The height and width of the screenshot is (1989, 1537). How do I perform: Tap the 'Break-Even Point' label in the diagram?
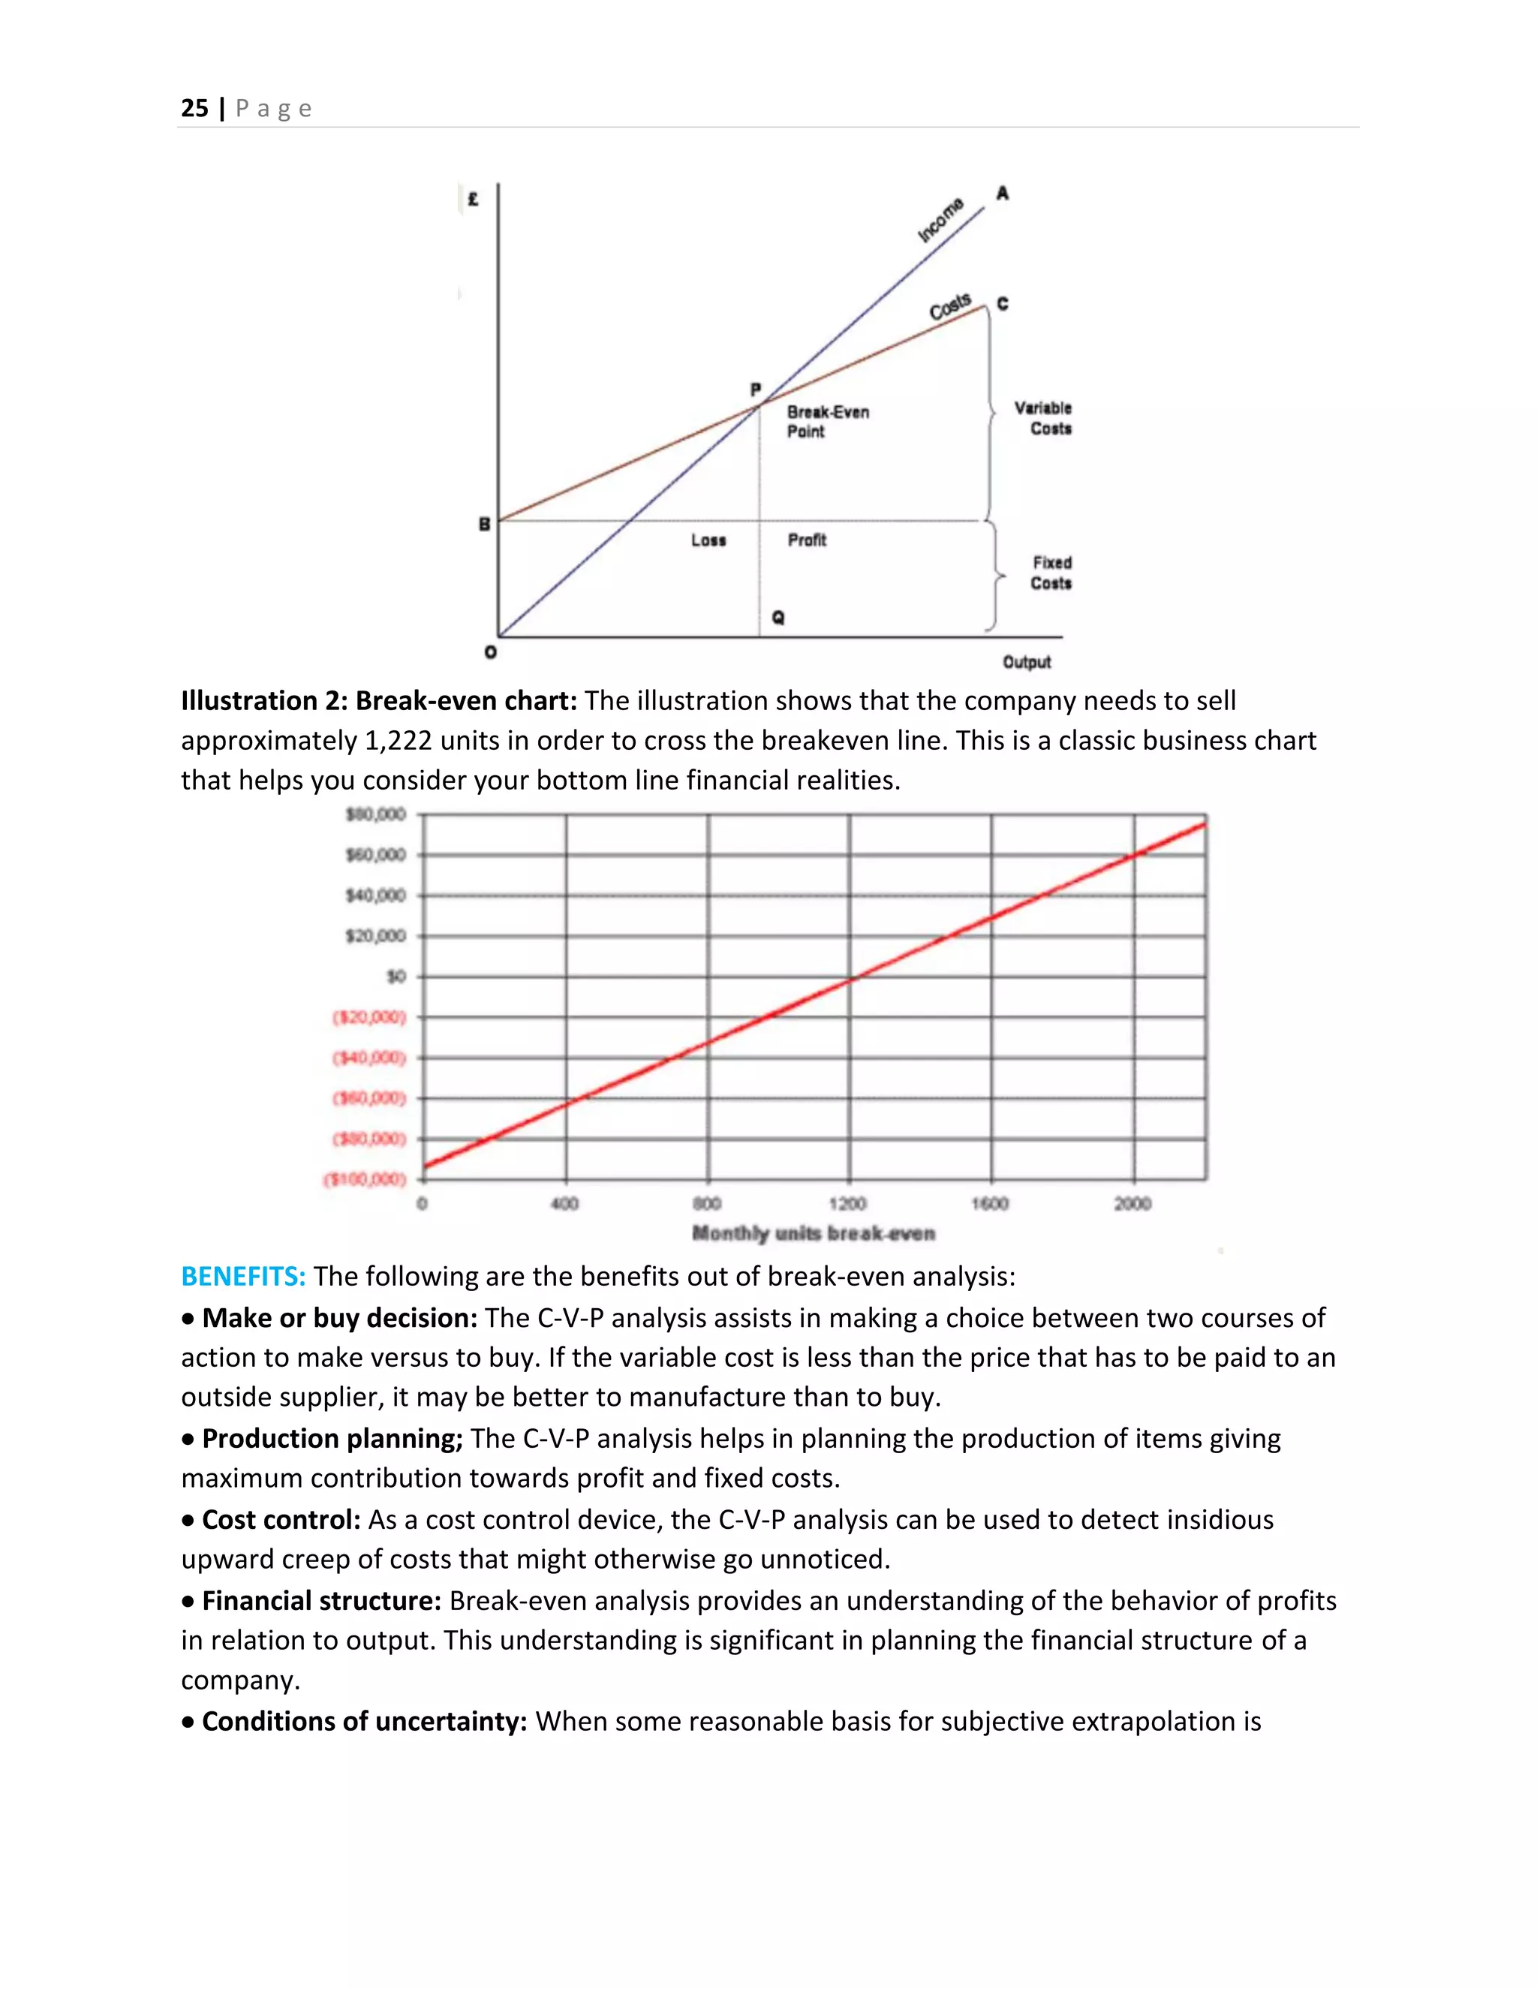tap(828, 422)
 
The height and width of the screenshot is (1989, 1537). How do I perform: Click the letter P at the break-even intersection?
tap(755, 390)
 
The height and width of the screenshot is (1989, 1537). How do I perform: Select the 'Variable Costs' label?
tap(1045, 418)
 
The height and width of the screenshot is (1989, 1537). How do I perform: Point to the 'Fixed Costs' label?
tap(1051, 573)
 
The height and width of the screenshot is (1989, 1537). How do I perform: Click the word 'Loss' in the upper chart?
tap(708, 540)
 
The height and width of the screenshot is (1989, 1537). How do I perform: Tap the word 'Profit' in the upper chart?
tap(807, 540)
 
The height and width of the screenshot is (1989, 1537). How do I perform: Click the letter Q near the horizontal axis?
tap(778, 618)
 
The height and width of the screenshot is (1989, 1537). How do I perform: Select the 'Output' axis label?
tap(1026, 662)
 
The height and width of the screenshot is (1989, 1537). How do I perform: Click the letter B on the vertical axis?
tap(484, 524)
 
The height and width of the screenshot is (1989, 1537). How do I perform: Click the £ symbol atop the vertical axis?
tap(473, 199)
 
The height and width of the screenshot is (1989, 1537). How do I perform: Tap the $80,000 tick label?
tap(375, 814)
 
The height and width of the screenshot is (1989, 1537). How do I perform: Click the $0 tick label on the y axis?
tap(396, 976)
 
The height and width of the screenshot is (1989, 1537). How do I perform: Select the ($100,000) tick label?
tap(365, 1179)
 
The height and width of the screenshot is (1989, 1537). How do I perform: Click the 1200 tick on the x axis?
tap(848, 1204)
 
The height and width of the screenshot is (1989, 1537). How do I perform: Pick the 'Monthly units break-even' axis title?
tap(813, 1233)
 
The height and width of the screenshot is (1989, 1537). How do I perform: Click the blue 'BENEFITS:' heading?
tap(243, 1277)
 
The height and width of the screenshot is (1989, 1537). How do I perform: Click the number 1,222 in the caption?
tap(398, 740)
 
